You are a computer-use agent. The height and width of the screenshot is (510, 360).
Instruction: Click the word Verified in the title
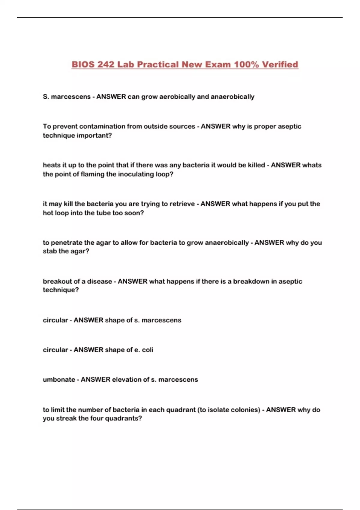280,64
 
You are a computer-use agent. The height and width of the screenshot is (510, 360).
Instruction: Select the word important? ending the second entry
94,135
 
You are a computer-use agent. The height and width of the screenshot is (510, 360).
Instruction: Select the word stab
49,251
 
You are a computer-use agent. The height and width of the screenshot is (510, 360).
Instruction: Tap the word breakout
57,281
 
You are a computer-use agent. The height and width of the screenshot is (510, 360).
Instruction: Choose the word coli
148,350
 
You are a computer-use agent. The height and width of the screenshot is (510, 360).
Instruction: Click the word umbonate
59,379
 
